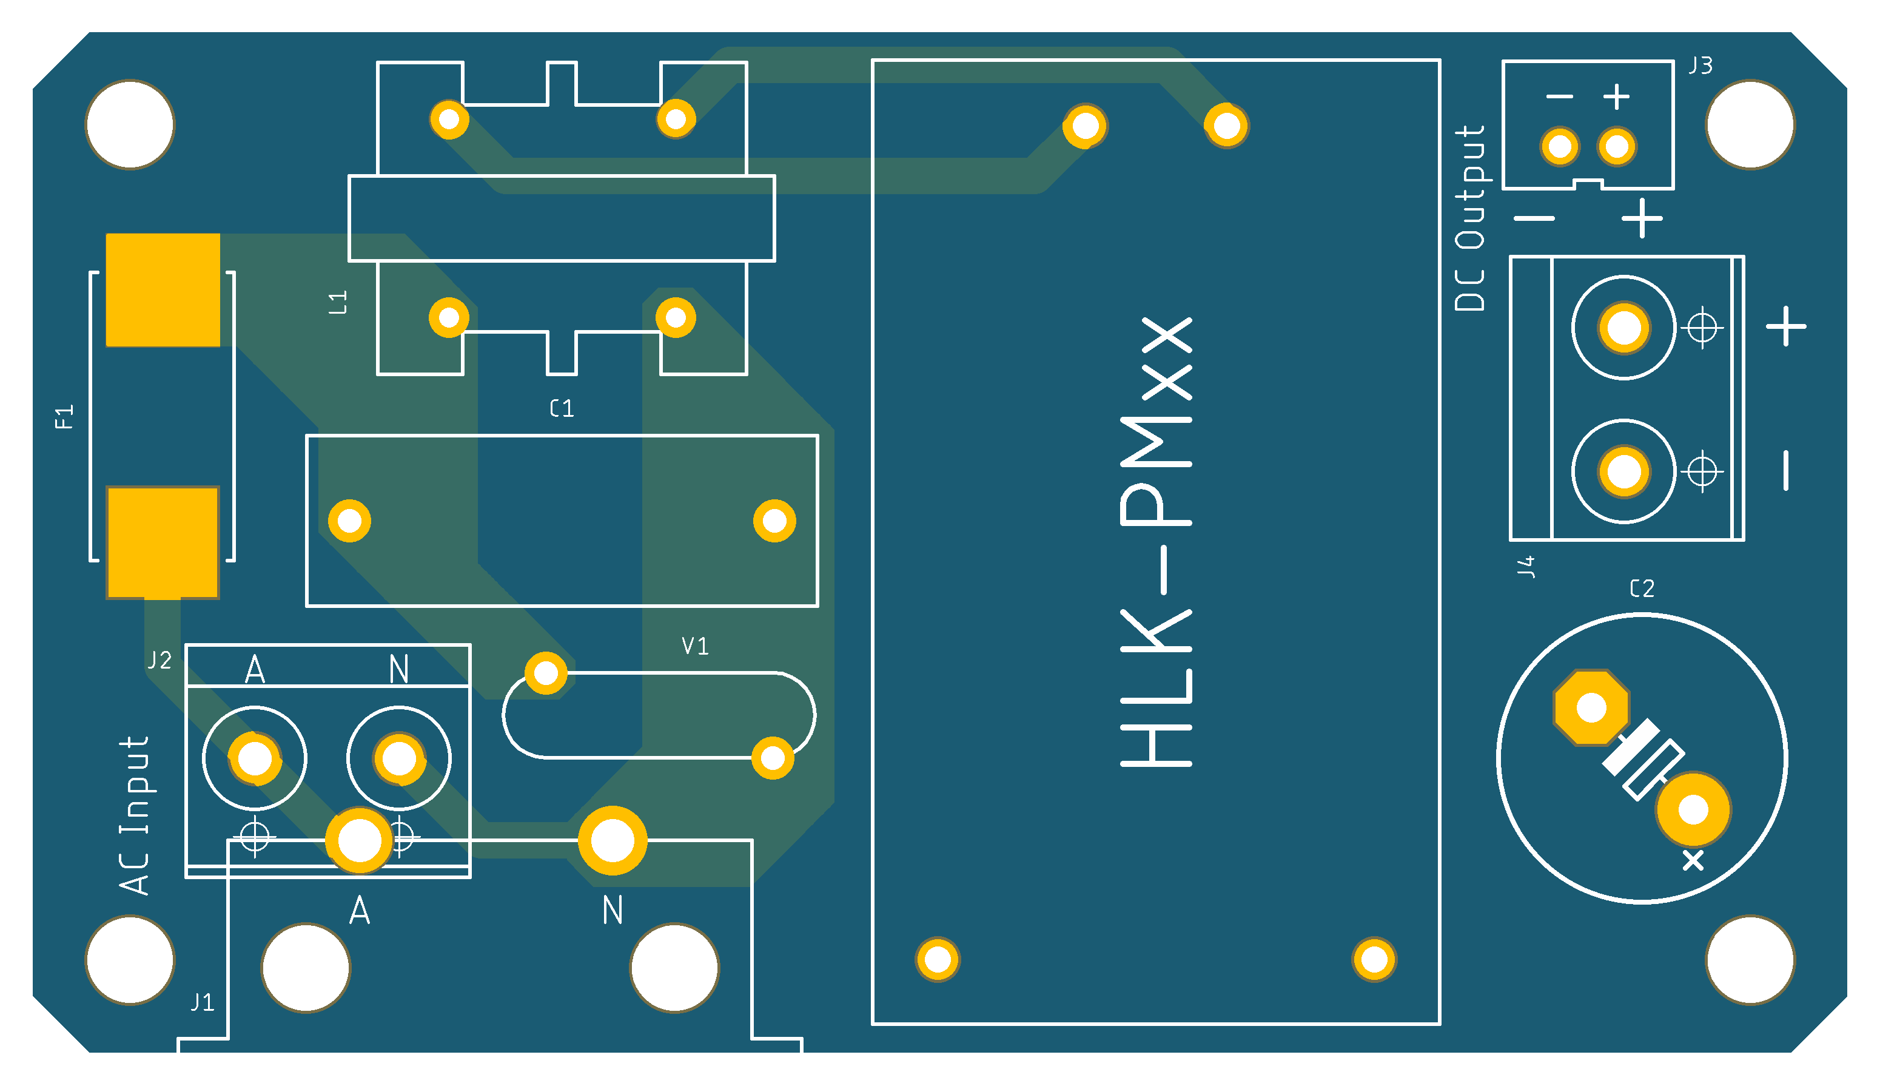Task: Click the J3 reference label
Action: pos(1700,66)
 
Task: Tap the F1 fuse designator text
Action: pos(65,417)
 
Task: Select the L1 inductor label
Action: pos(338,302)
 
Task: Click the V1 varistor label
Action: pos(695,646)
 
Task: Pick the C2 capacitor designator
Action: pos(1642,589)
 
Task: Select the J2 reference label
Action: pos(159,660)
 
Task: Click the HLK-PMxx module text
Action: pos(1156,541)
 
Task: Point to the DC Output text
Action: pos(1469,217)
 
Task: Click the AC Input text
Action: pos(135,815)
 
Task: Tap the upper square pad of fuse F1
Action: pos(163,290)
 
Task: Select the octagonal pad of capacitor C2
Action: pos(1591,707)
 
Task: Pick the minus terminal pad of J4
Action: pos(1623,471)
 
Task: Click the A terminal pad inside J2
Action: pos(255,758)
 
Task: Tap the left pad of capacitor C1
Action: pos(349,521)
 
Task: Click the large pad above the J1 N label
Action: pos(612,840)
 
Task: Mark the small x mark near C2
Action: pos(1693,860)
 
